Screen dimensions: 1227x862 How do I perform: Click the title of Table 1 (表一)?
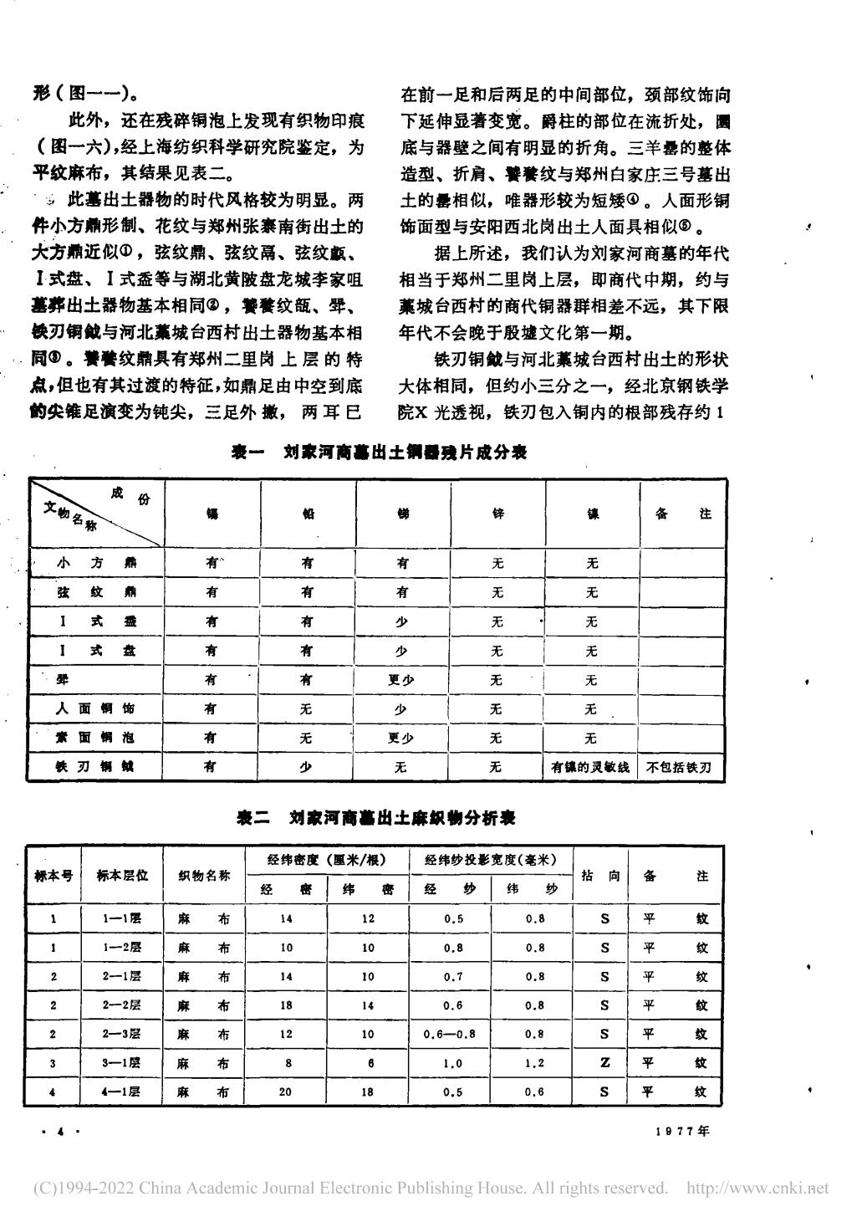click(379, 452)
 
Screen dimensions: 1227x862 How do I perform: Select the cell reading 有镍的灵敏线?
click(591, 767)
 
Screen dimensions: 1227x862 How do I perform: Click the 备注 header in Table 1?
click(683, 514)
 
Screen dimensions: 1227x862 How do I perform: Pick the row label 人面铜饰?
click(94, 708)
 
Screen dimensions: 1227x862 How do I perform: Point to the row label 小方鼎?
click(94, 563)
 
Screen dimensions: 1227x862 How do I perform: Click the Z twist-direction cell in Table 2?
click(604, 1062)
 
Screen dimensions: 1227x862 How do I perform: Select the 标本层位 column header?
click(122, 875)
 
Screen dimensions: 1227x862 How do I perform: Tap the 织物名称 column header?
click(205, 875)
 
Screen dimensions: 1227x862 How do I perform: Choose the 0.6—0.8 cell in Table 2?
click(449, 1034)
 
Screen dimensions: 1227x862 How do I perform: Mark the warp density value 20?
click(286, 1092)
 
